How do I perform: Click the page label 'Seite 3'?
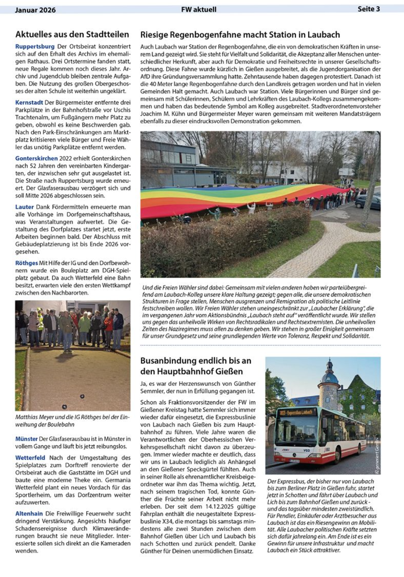(369, 9)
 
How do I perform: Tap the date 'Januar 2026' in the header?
(35, 9)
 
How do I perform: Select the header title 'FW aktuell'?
(198, 9)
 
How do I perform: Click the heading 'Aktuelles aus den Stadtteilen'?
(72, 34)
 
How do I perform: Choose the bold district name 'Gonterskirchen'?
(36, 158)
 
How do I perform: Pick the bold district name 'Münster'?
(27, 439)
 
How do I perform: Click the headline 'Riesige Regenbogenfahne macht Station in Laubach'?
(240, 34)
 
